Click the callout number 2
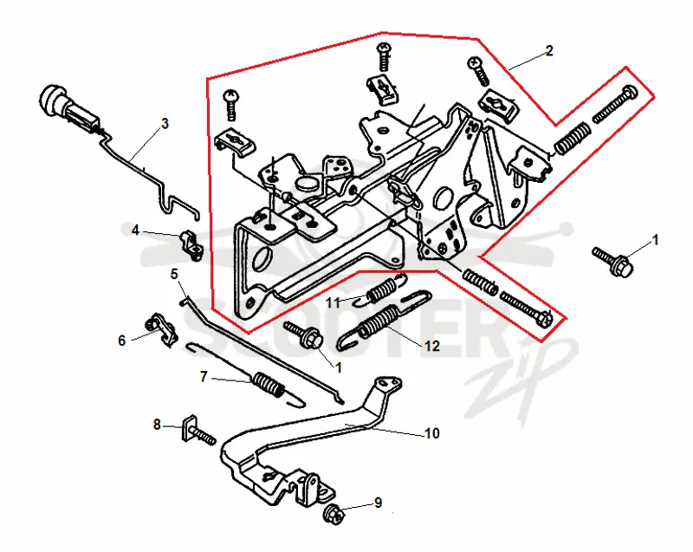(549, 51)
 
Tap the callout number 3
(165, 123)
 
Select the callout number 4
(136, 231)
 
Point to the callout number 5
(174, 274)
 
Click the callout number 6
(122, 341)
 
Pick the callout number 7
(204, 377)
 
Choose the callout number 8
(157, 425)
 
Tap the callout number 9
(378, 503)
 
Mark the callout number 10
(431, 433)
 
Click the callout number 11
(333, 303)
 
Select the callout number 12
(431, 346)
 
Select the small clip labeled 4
(191, 245)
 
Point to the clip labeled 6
(162, 329)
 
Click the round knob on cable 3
(50, 99)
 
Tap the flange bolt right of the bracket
(613, 261)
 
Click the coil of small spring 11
(380, 290)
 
